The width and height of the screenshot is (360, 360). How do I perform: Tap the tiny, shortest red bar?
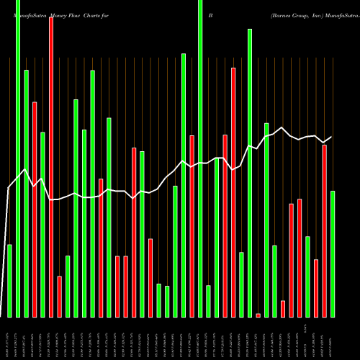258,315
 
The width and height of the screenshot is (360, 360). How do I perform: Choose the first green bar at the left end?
9,281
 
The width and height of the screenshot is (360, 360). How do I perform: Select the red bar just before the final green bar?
325,230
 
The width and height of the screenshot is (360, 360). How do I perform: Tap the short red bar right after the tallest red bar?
59,296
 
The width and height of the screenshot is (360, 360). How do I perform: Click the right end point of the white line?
332,137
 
